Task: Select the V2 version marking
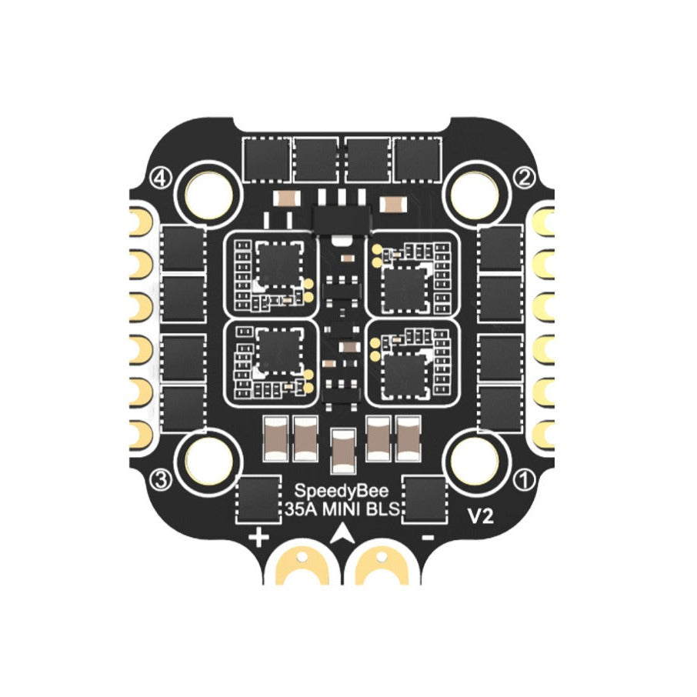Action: tap(479, 518)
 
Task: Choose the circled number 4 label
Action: tap(161, 178)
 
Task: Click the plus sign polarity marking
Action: tap(259, 537)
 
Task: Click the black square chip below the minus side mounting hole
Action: tap(425, 499)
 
